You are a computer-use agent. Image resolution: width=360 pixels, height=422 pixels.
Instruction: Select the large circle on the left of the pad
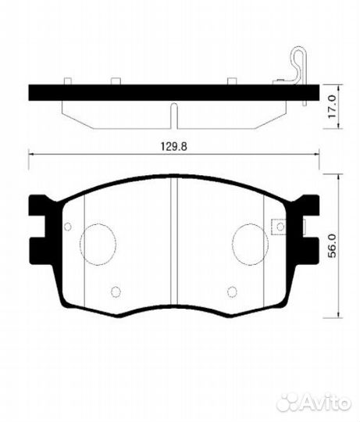click(98, 243)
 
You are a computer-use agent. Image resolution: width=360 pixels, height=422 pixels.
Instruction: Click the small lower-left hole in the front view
click(116, 291)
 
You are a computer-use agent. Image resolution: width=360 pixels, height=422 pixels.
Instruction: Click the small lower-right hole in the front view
click(232, 291)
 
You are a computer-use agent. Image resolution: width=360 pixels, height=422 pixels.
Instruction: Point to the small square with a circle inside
click(278, 227)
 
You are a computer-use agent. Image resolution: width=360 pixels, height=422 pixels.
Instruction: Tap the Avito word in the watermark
click(326, 402)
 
